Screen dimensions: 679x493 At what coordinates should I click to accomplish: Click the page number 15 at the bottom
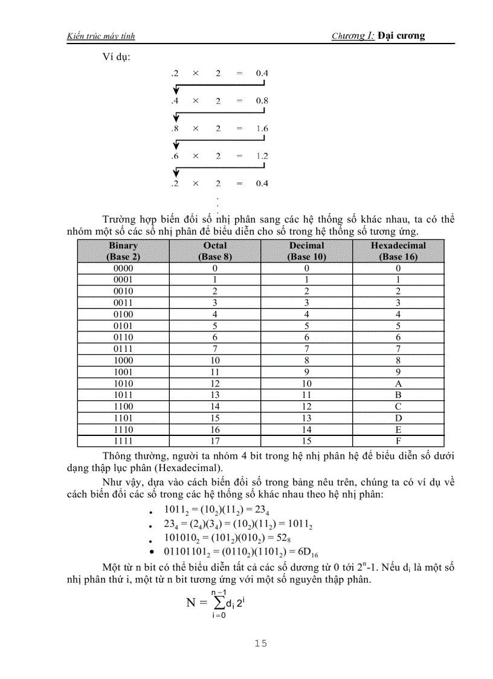(260, 643)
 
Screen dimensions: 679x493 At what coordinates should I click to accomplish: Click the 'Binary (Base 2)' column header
(123, 251)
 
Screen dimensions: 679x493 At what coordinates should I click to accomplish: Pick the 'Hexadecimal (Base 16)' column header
(398, 251)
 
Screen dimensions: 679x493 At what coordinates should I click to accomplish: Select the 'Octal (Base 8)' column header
(215, 251)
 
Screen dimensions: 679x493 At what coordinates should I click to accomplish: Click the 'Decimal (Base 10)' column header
(307, 251)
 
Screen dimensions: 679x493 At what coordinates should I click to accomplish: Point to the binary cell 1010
(123, 384)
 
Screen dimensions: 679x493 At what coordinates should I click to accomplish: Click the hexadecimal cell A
(398, 384)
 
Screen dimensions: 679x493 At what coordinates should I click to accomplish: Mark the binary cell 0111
(123, 349)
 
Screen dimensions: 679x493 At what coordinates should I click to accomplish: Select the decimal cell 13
(307, 418)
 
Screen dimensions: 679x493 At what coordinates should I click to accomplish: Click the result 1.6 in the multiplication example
(262, 129)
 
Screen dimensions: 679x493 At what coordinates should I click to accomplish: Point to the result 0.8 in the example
(262, 101)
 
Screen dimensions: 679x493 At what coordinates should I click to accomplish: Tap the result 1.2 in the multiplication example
(262, 156)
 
